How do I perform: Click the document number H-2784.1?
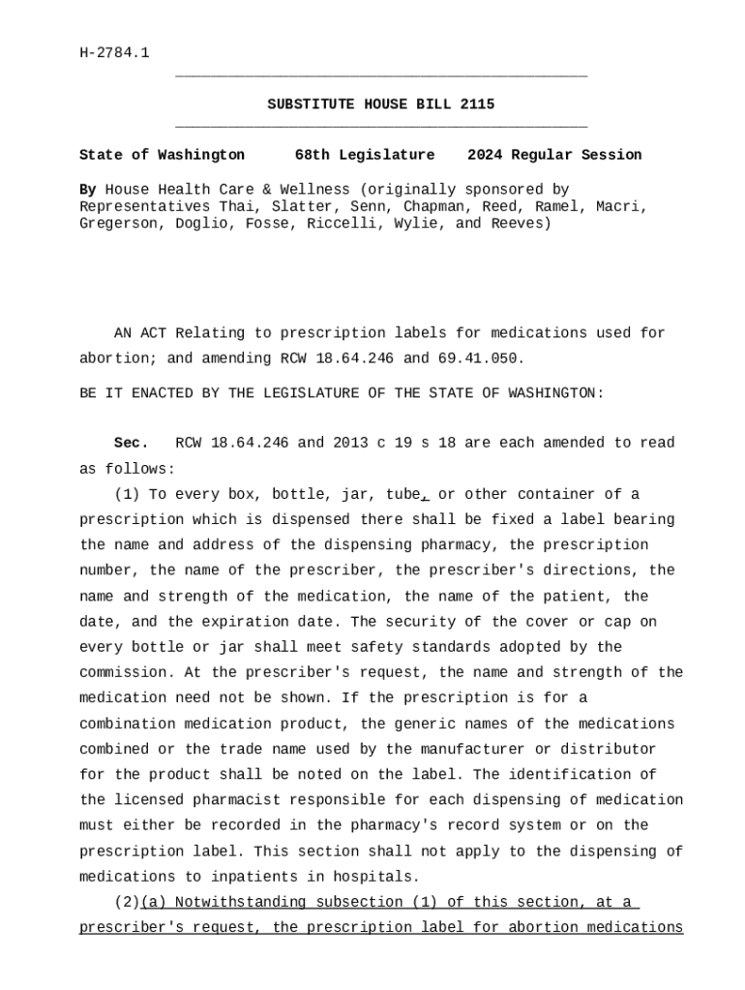(x=114, y=52)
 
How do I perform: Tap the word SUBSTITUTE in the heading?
(x=307, y=104)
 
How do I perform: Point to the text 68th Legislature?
(x=365, y=155)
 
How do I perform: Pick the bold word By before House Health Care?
(x=87, y=189)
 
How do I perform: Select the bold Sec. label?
(x=132, y=443)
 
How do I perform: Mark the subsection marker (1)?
(x=127, y=494)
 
